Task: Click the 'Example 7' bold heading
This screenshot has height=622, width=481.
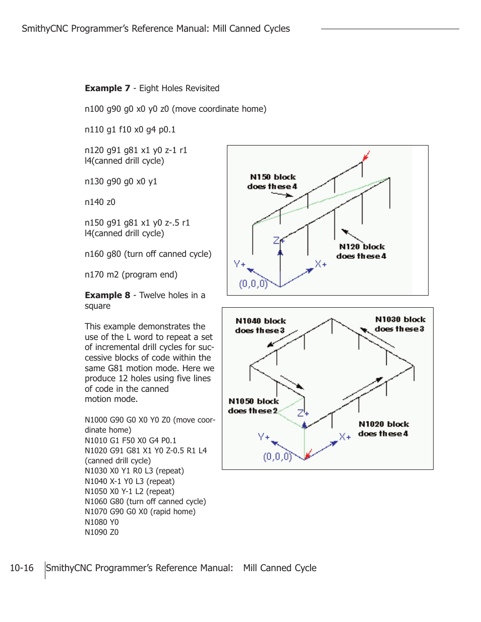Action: pos(107,88)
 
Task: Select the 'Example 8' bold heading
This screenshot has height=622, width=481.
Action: pos(107,295)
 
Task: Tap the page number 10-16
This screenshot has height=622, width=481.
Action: pos(22,568)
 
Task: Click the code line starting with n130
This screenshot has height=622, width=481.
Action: pos(121,181)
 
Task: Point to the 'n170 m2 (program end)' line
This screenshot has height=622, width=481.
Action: pos(131,274)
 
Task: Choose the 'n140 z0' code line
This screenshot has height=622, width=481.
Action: pos(100,202)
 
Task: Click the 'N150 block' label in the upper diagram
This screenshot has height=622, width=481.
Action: pos(273,177)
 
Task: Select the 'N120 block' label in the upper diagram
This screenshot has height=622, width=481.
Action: pos(362,247)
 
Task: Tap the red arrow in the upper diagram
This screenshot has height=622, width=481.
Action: pos(367,156)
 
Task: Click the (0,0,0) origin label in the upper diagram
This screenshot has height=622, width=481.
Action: pos(253,284)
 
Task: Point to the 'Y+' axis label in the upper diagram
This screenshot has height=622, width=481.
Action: pos(239,264)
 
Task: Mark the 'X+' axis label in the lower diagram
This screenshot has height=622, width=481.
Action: pos(345,437)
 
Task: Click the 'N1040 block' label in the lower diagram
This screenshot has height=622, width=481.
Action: pos(261,321)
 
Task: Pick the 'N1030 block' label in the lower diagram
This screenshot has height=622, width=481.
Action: pos(400,319)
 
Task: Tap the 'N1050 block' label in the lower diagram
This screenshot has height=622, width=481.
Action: pos(254,401)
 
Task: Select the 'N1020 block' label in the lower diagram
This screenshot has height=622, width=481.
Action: pos(384,424)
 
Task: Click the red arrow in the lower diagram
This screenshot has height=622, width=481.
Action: pos(308,453)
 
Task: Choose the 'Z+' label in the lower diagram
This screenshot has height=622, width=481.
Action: pos(303,413)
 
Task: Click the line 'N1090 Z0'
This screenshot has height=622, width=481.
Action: pos(102,532)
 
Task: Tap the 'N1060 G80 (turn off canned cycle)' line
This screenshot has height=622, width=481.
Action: pos(145,502)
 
